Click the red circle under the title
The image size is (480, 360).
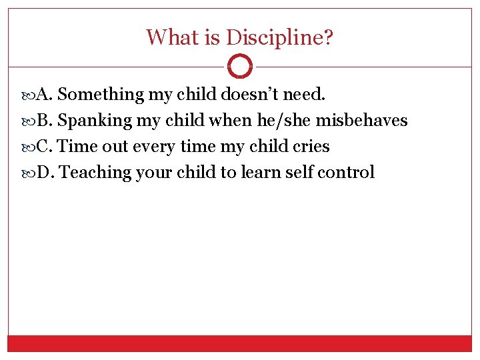[240, 67]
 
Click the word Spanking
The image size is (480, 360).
[95, 121]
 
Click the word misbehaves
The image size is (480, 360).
[361, 121]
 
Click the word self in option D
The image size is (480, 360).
[299, 173]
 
